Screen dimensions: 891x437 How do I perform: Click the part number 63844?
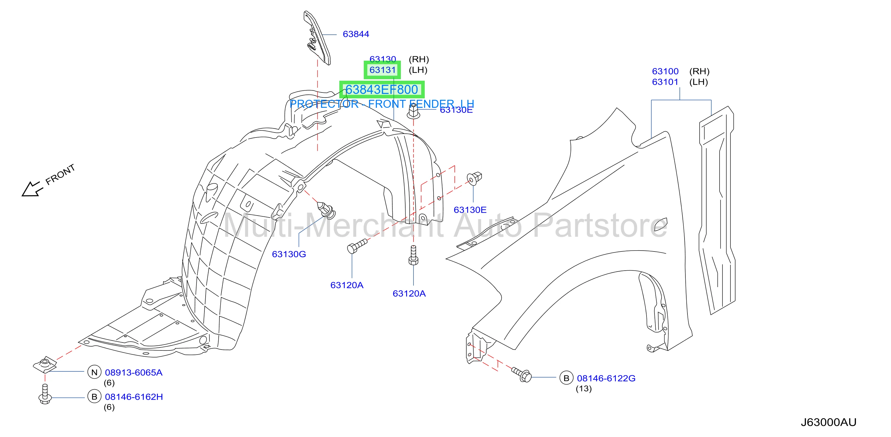356,34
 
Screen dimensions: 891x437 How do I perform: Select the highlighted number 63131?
382,70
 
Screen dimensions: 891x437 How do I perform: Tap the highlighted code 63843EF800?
382,90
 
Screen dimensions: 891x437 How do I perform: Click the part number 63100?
665,71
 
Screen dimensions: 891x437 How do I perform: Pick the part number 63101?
665,82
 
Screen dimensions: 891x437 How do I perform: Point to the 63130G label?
289,254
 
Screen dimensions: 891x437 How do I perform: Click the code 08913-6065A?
133,372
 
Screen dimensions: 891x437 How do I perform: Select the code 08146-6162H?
134,397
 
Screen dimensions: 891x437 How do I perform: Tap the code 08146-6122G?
606,378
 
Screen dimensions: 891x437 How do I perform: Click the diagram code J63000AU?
828,422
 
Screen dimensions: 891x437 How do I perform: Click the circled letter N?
94,372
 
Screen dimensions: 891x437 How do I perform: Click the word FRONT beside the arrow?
60,175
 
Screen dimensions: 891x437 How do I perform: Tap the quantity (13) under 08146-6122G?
583,389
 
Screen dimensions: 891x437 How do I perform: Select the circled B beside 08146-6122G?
566,378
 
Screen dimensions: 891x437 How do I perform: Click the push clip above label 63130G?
326,209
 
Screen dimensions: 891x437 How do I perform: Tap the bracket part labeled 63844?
317,38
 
